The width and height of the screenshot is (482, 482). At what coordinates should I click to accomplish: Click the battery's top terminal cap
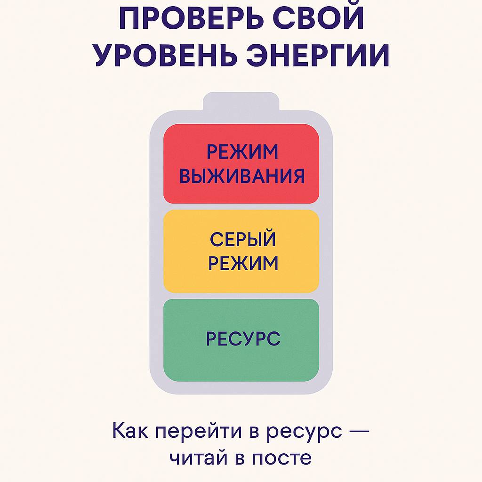click(x=241, y=102)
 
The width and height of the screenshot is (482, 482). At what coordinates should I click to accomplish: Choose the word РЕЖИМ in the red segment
click(x=242, y=152)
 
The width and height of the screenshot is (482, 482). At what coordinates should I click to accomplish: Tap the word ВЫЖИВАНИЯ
click(x=242, y=176)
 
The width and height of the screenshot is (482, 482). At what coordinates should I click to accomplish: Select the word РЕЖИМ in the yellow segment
click(x=243, y=263)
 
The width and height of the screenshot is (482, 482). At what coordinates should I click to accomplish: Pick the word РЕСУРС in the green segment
click(x=243, y=338)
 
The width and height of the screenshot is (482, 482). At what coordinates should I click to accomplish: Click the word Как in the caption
click(x=130, y=430)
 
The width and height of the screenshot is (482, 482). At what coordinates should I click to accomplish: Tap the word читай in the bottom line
click(x=199, y=458)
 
